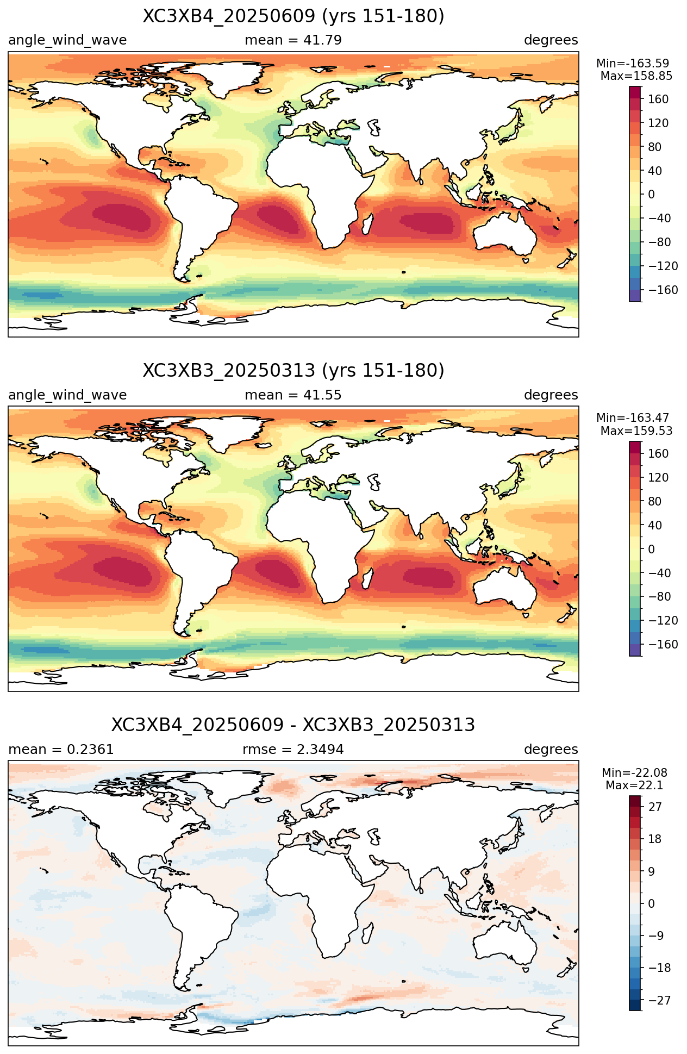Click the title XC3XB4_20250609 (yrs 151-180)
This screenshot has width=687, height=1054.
(x=293, y=16)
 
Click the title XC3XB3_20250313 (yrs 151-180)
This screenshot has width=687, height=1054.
(x=293, y=371)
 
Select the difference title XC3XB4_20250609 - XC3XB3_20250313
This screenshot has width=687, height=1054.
(x=293, y=725)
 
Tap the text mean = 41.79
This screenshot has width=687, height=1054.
(x=293, y=40)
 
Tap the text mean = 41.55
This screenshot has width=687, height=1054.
(x=293, y=395)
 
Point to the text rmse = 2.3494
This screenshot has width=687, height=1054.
(x=293, y=750)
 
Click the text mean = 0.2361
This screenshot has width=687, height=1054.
(x=61, y=750)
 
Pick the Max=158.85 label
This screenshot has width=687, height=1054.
(x=636, y=76)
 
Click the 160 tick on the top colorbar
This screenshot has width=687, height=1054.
(x=658, y=99)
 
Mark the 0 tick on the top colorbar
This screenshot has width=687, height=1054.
(x=651, y=195)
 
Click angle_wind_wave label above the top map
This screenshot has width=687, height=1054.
(x=67, y=40)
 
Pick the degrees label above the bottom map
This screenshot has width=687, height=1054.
(x=551, y=750)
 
